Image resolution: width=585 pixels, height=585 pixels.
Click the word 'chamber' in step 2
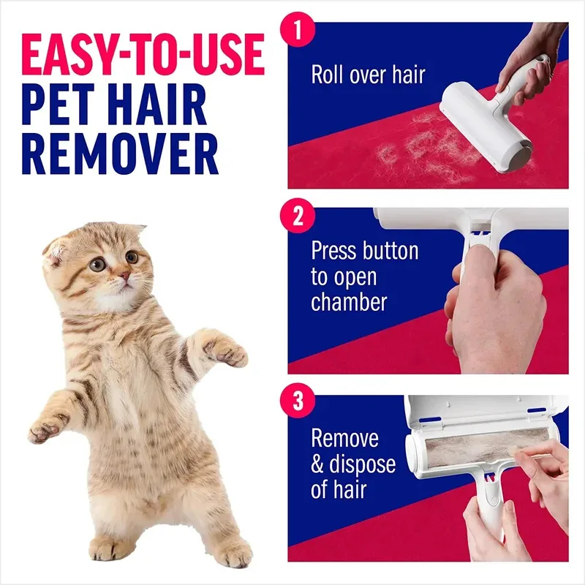coord(349,303)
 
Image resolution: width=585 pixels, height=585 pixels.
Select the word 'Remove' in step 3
coord(344,439)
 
